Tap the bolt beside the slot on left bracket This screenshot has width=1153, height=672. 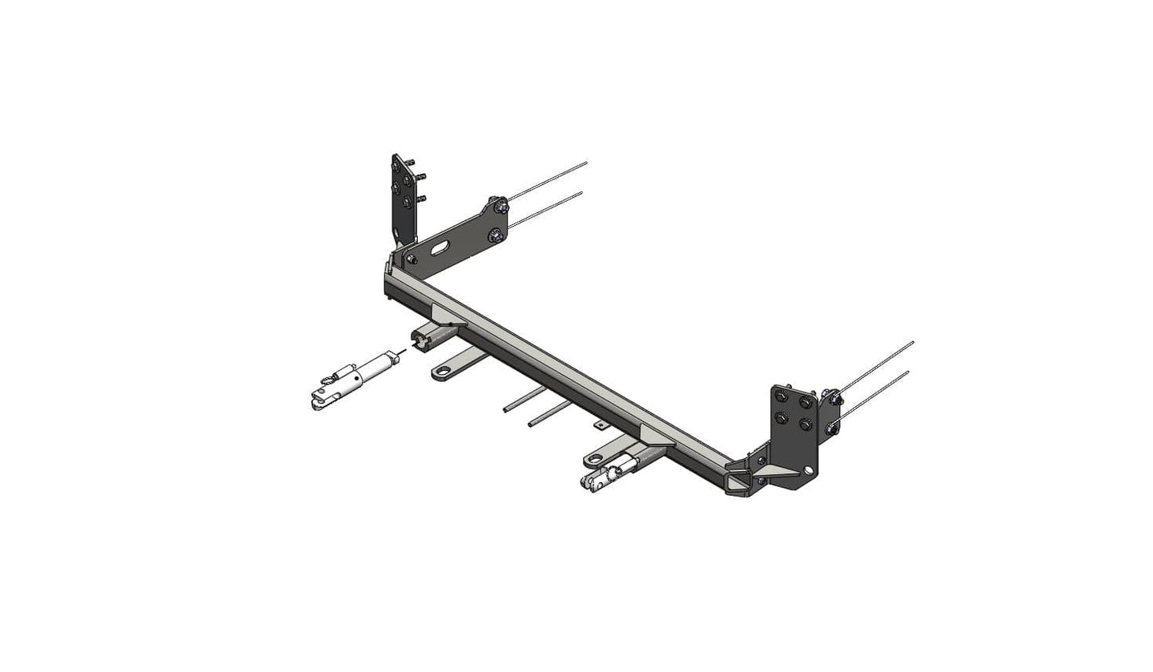click(412, 260)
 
